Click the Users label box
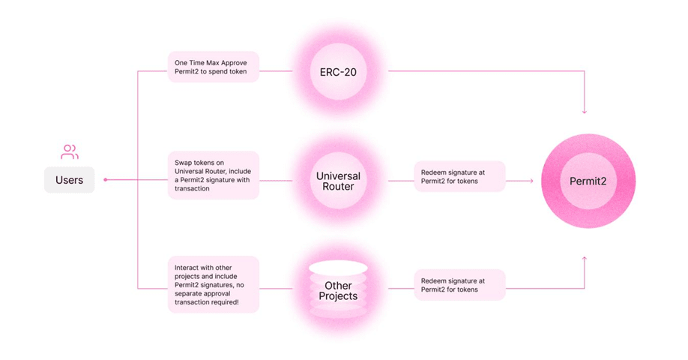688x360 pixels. pos(70,180)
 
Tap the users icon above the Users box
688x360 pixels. pos(70,152)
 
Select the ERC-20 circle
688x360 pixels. pos(338,72)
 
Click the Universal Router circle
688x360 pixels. pos(338,181)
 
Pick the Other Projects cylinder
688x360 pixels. pos(338,289)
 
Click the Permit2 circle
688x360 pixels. pos(588,181)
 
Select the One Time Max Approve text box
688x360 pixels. pos(214,67)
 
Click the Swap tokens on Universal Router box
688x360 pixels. pos(214,175)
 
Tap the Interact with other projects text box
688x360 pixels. pos(214,285)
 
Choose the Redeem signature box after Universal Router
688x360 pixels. pos(460,176)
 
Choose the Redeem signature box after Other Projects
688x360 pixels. pos(460,285)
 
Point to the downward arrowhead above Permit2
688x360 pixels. pos(585,112)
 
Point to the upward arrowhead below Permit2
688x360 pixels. pos(585,259)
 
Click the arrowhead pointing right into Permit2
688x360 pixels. pos(531,181)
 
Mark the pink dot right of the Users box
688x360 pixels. pos(106,179)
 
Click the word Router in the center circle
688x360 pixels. pos(338,187)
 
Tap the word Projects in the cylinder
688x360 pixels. pos(338,296)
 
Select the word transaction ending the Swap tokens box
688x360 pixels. pos(192,189)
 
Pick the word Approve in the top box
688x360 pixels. pos(234,63)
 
